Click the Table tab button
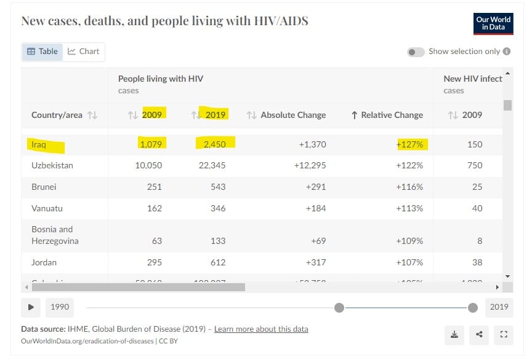pos(42,52)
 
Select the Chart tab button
pos(84,52)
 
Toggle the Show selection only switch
pos(416,52)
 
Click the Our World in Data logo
pos(493,24)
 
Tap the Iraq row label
pos(38,145)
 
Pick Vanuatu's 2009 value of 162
pos(154,208)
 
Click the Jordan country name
pos(44,262)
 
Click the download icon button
pos(454,334)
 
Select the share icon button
pos(479,334)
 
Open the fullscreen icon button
pos(504,334)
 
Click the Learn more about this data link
pos(261,329)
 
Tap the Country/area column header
pos(57,115)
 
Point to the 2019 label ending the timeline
pos(499,307)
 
